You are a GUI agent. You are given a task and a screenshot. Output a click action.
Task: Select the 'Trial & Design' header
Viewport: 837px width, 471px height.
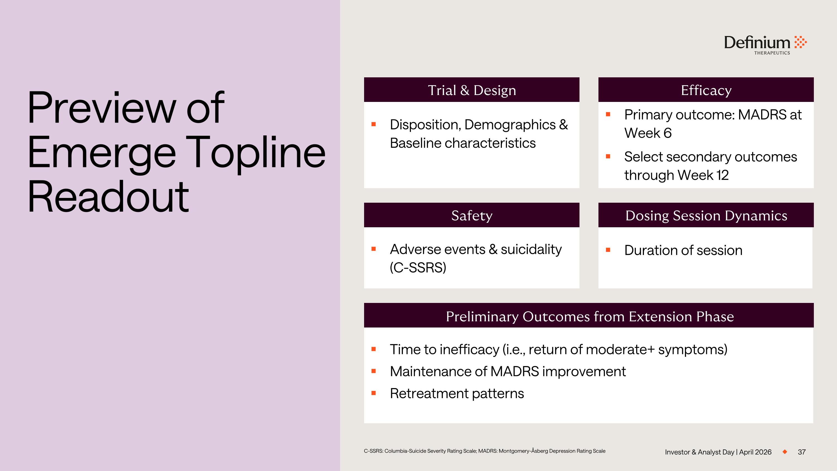pos(472,90)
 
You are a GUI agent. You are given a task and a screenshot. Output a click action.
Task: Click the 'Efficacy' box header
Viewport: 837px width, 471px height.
pos(706,90)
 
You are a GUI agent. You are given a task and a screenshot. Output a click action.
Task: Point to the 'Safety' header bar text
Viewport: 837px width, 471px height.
pos(472,216)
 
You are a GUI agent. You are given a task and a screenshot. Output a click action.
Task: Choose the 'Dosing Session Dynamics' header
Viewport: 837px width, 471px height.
pos(706,216)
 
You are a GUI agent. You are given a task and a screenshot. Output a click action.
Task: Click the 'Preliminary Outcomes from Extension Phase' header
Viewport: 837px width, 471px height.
pos(590,316)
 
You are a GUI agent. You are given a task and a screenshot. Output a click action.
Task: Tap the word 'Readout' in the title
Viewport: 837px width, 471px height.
pos(108,197)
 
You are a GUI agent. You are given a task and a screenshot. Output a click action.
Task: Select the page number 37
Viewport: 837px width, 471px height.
pos(802,452)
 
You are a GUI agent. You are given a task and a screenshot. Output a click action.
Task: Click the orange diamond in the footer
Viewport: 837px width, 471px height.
pos(785,451)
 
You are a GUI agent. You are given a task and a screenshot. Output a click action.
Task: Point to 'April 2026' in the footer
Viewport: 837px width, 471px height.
pos(755,452)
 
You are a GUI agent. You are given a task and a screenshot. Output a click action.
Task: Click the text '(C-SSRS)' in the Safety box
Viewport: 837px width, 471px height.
pos(418,267)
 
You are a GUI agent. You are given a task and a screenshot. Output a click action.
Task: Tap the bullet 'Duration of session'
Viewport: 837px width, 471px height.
pos(683,250)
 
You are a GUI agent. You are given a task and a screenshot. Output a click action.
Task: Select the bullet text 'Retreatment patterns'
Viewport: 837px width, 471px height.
pos(456,393)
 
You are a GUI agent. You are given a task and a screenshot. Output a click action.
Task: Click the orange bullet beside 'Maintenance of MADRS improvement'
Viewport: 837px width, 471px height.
pos(374,371)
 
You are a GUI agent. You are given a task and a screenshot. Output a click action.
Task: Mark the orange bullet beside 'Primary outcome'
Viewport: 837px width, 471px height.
pos(608,114)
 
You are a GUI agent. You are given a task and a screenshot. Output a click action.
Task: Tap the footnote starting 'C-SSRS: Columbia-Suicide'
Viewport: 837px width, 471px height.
pos(484,451)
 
